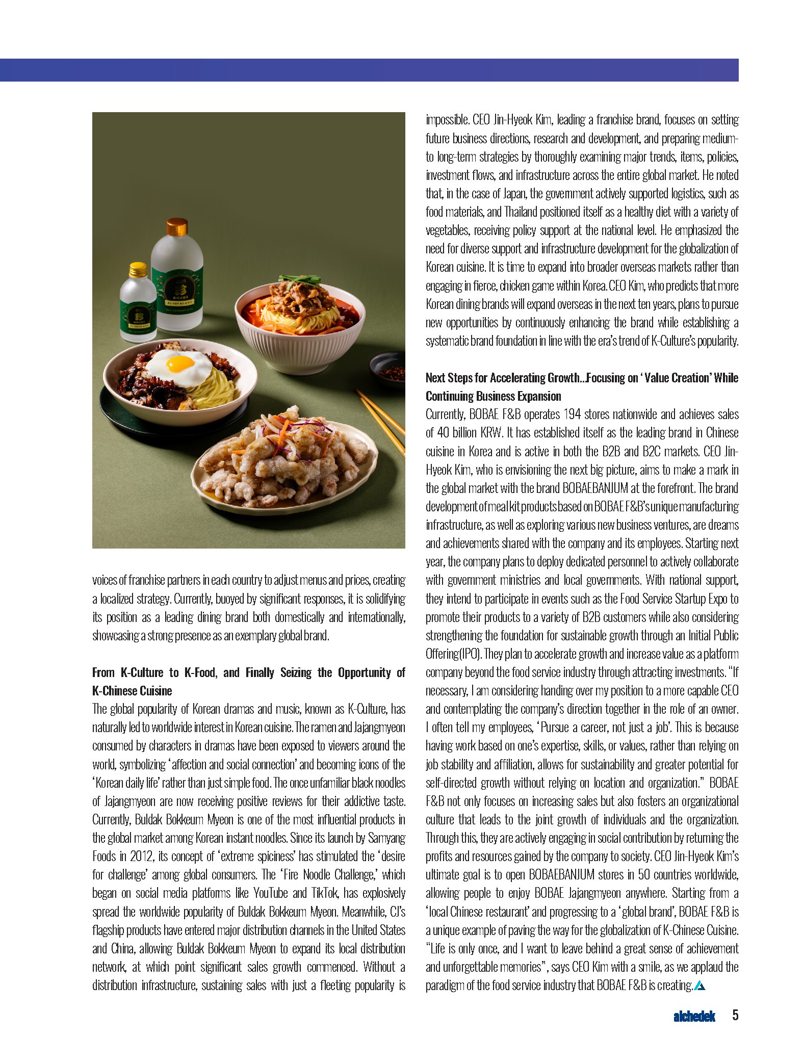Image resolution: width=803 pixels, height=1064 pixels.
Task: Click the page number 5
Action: click(x=735, y=1015)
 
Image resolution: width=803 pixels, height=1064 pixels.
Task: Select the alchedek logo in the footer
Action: click(x=694, y=1016)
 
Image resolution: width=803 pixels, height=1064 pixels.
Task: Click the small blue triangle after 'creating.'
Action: click(x=700, y=985)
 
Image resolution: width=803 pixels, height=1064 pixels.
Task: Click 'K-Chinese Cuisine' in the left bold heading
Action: click(x=132, y=691)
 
